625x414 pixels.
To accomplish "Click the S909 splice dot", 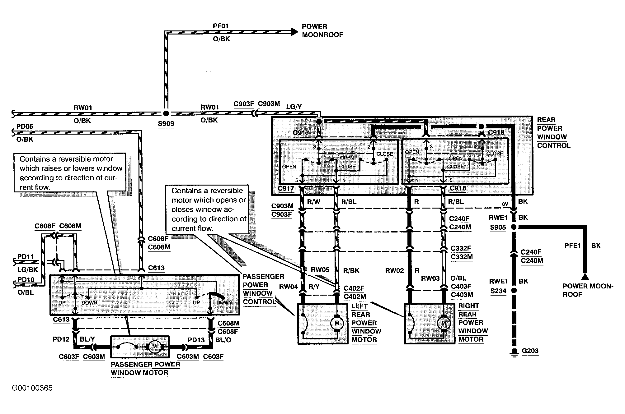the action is click(x=166, y=113).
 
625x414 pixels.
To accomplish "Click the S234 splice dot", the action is click(x=514, y=291).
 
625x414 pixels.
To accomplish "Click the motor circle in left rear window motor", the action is click(x=336, y=323).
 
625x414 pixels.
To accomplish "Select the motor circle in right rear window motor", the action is click(x=444, y=323).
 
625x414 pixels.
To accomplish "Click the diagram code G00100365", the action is click(x=32, y=388).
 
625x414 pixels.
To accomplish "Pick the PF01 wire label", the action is click(x=221, y=26).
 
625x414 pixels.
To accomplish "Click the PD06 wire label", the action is click(x=25, y=126).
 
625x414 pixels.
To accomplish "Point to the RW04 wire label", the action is click(x=289, y=287).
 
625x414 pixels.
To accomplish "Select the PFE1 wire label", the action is click(x=573, y=246).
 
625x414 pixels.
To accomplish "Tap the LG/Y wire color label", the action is click(x=294, y=107).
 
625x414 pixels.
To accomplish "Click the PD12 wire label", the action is click(x=61, y=339).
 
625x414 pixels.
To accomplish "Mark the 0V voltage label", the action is click(x=505, y=204).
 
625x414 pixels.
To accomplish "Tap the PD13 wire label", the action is click(x=196, y=340).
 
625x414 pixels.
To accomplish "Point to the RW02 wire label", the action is click(x=395, y=271).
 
